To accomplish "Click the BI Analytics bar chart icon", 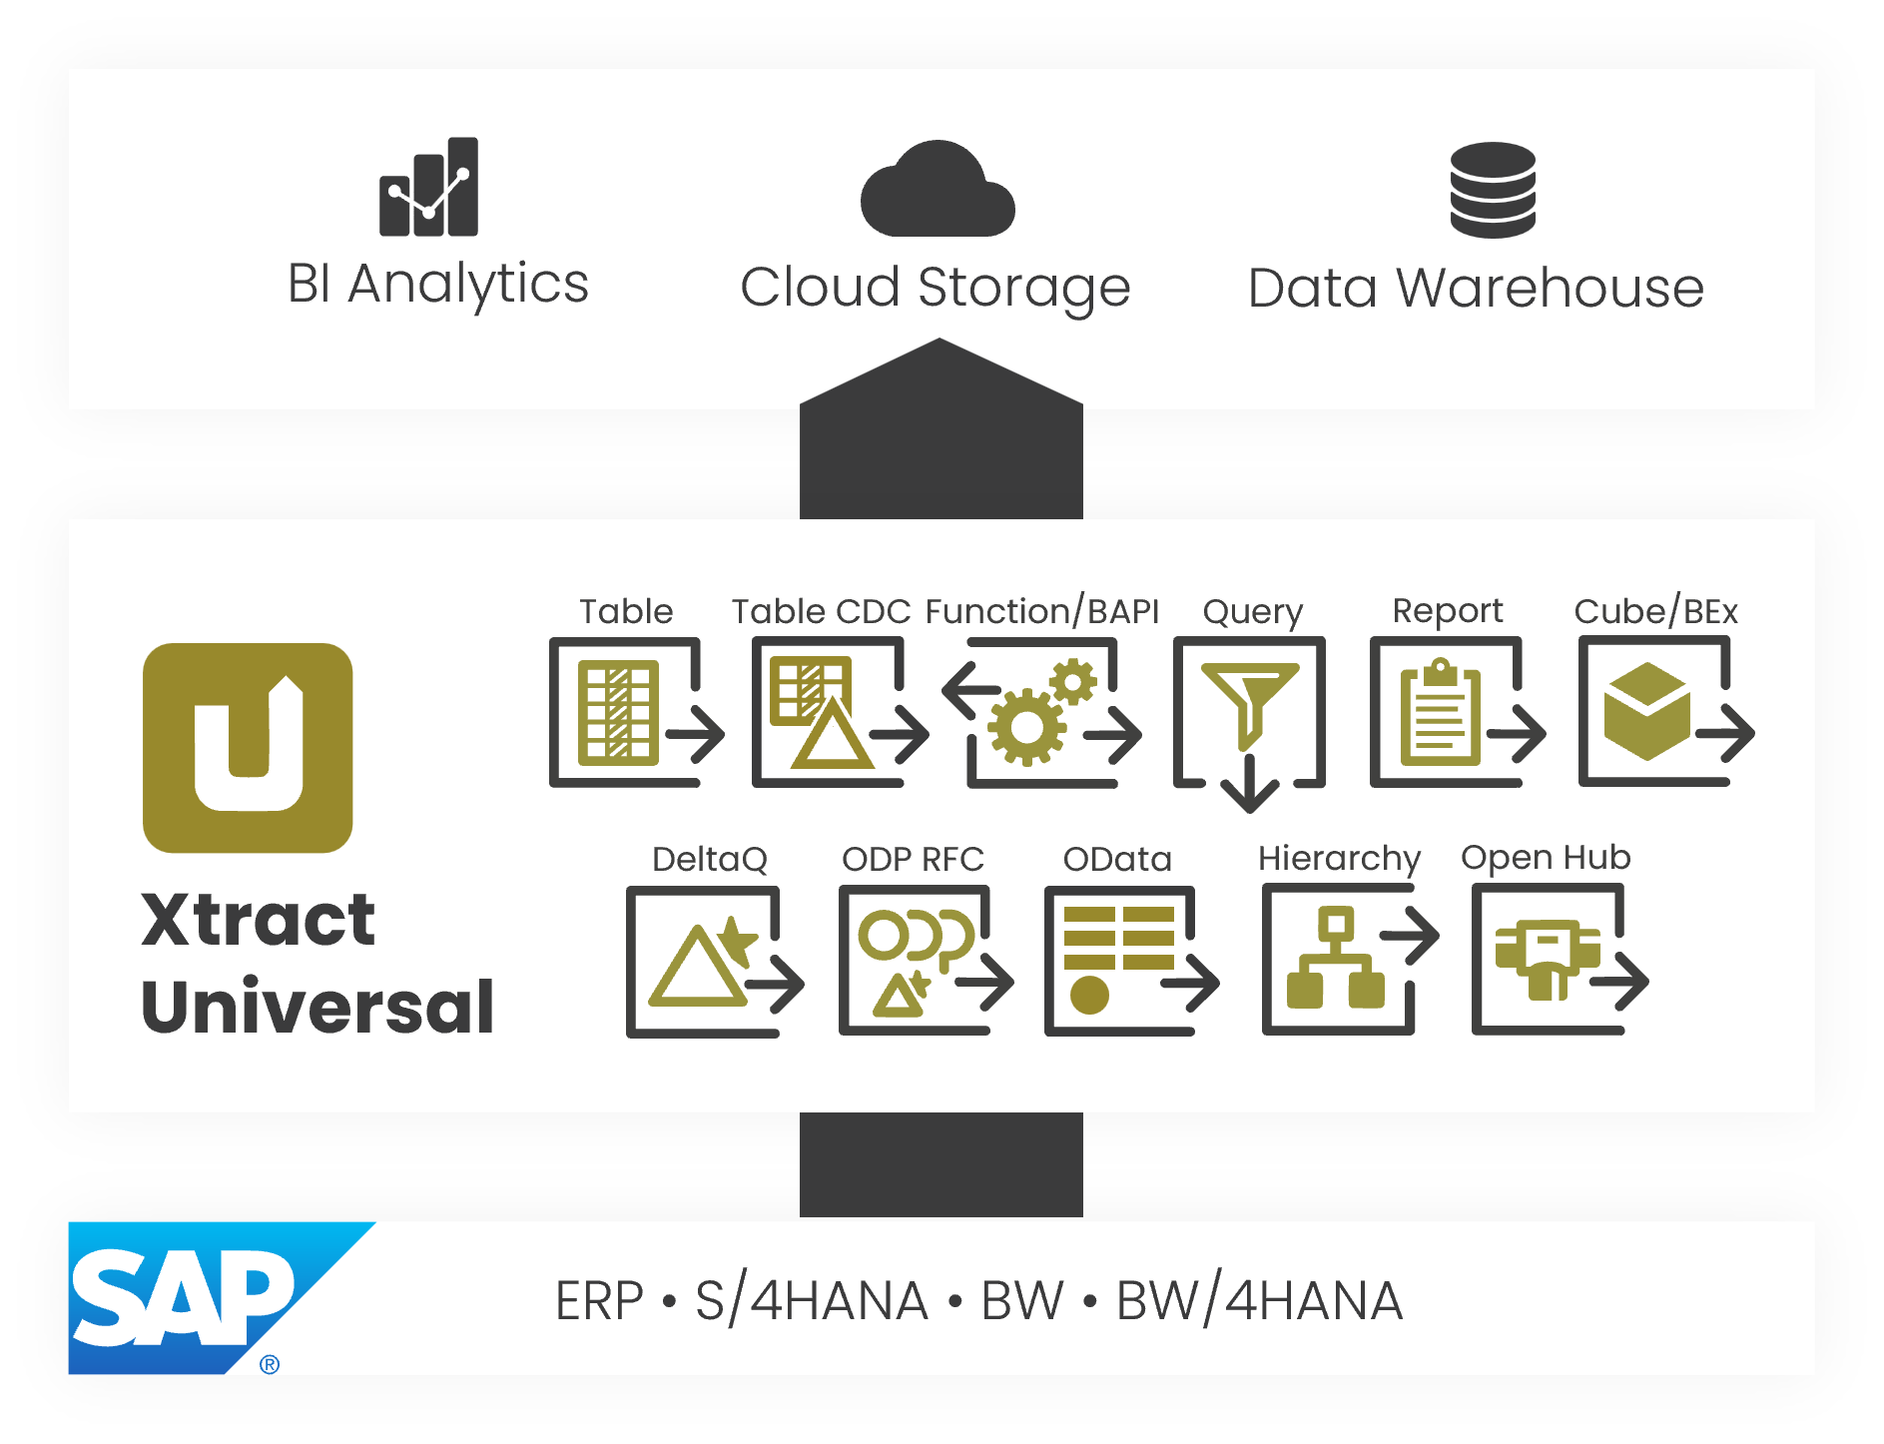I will pos(428,188).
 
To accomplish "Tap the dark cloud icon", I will pos(938,191).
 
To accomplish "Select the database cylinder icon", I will pos(1493,190).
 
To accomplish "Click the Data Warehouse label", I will pos(1476,288).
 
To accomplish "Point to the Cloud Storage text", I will pos(935,288).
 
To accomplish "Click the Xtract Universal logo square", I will pos(248,748).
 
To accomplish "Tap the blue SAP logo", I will pos(190,1297).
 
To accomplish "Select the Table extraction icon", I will pos(635,713).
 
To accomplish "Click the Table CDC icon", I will pos(837,713).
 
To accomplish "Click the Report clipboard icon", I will pos(1455,713).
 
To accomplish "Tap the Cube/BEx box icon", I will pos(1662,713).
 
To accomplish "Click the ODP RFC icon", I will pos(924,962).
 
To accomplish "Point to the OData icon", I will pos(1128,962).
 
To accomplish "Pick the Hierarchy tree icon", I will pos(1347,962).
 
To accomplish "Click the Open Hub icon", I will pos(1557,962).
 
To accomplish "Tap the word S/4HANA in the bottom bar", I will pos(812,1301).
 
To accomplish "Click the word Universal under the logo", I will pos(318,1007).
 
